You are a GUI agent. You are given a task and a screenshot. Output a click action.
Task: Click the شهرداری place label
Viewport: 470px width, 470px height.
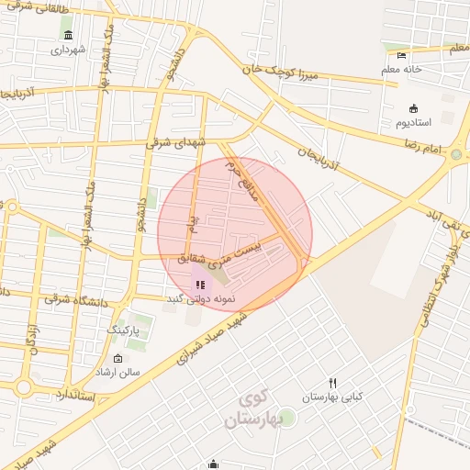coord(69,50)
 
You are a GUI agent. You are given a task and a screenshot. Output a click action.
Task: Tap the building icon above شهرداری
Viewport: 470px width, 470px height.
coord(69,35)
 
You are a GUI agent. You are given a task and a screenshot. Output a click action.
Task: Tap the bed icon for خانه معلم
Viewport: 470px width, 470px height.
coord(401,56)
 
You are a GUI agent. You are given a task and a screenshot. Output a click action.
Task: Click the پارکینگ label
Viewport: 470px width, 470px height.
coord(129,328)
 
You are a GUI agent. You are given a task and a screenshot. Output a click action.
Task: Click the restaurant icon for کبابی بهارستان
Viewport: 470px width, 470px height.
coord(332,384)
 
